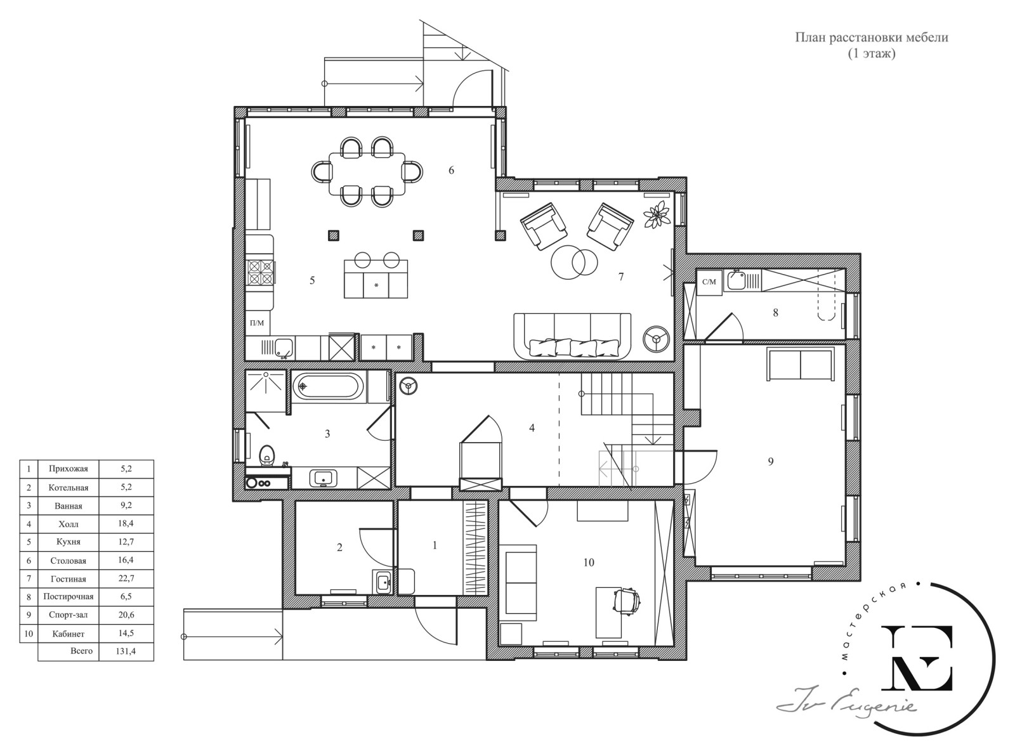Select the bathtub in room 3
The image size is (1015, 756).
(x=329, y=387)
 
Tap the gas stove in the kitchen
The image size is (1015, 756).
(x=260, y=273)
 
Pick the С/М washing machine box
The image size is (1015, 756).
(x=709, y=282)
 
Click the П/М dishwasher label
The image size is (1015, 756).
(x=257, y=323)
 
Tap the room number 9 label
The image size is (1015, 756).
(x=771, y=461)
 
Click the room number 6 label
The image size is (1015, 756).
(x=451, y=170)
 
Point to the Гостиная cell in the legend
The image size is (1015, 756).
(x=68, y=578)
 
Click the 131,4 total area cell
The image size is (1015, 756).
(x=126, y=651)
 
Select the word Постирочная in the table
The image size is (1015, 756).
(x=68, y=596)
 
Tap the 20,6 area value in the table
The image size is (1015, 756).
(x=126, y=615)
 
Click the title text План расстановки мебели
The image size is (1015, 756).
(x=871, y=37)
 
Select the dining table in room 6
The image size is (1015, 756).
(x=367, y=173)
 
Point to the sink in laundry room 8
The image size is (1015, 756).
(x=737, y=280)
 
